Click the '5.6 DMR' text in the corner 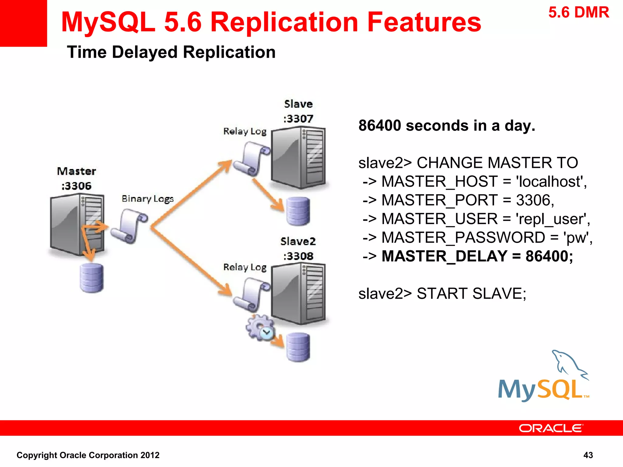click(x=579, y=13)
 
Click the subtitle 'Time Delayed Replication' click(x=171, y=52)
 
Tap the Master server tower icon click(x=77, y=224)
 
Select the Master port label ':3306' click(x=76, y=186)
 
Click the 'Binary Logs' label click(x=148, y=199)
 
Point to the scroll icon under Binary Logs click(x=129, y=226)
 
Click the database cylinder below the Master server click(x=92, y=278)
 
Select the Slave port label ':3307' click(x=298, y=119)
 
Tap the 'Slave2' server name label click(x=298, y=241)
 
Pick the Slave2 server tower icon click(x=298, y=293)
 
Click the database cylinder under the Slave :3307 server click(x=298, y=211)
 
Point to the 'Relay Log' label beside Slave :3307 click(x=245, y=131)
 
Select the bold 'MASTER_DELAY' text click(x=444, y=256)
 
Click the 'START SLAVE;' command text click(x=471, y=294)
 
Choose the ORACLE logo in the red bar click(x=551, y=428)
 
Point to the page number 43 click(x=588, y=455)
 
